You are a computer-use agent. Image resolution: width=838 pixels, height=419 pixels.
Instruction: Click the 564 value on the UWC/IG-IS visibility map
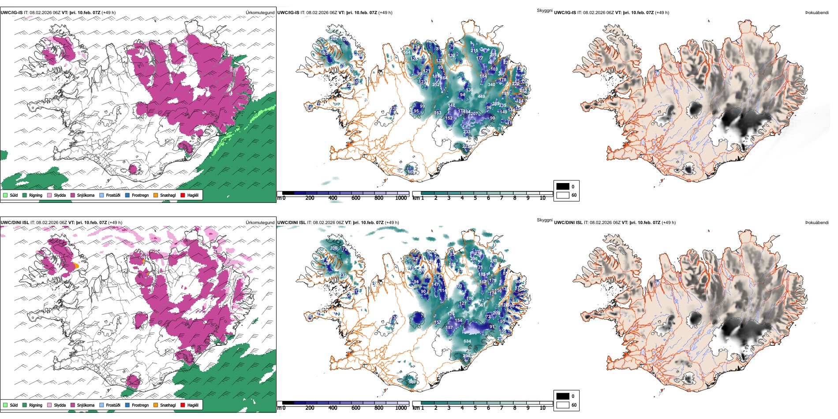coord(407,52)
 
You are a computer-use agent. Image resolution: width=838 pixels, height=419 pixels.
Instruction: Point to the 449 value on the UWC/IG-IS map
coord(481,97)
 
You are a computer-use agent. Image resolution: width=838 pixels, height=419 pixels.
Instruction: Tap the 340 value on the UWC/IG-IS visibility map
coord(491,85)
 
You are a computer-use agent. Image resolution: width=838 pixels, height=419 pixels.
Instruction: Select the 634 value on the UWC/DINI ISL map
coord(467,341)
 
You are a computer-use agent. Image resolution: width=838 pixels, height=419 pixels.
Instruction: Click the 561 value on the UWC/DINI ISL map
coord(481,305)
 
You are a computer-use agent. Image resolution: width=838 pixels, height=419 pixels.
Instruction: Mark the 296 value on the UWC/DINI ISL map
coord(474,259)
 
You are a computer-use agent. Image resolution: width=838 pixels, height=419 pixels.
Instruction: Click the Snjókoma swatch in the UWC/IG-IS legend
coord(73,195)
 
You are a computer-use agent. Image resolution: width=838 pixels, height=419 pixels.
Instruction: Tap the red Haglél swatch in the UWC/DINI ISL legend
coord(183,405)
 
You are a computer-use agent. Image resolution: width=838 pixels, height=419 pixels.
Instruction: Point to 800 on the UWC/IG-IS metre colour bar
coord(378,198)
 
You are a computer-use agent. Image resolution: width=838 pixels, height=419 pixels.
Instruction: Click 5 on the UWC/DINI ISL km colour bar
coord(475,408)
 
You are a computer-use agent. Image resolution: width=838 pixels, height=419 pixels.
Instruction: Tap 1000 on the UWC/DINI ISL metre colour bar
coord(401,408)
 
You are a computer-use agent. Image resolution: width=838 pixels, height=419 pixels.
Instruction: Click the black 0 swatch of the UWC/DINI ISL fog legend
coord(563,396)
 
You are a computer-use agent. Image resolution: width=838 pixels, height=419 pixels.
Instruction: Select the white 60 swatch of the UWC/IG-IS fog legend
coord(563,195)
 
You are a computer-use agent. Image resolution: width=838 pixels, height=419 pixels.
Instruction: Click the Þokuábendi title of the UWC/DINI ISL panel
coord(817,223)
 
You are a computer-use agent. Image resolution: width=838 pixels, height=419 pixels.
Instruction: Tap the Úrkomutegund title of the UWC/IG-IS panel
coord(260,13)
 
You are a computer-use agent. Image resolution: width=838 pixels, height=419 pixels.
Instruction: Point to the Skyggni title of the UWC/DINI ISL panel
coord(544,220)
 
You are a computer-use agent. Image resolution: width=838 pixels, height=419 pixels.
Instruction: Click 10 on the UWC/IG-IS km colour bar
coord(542,198)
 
